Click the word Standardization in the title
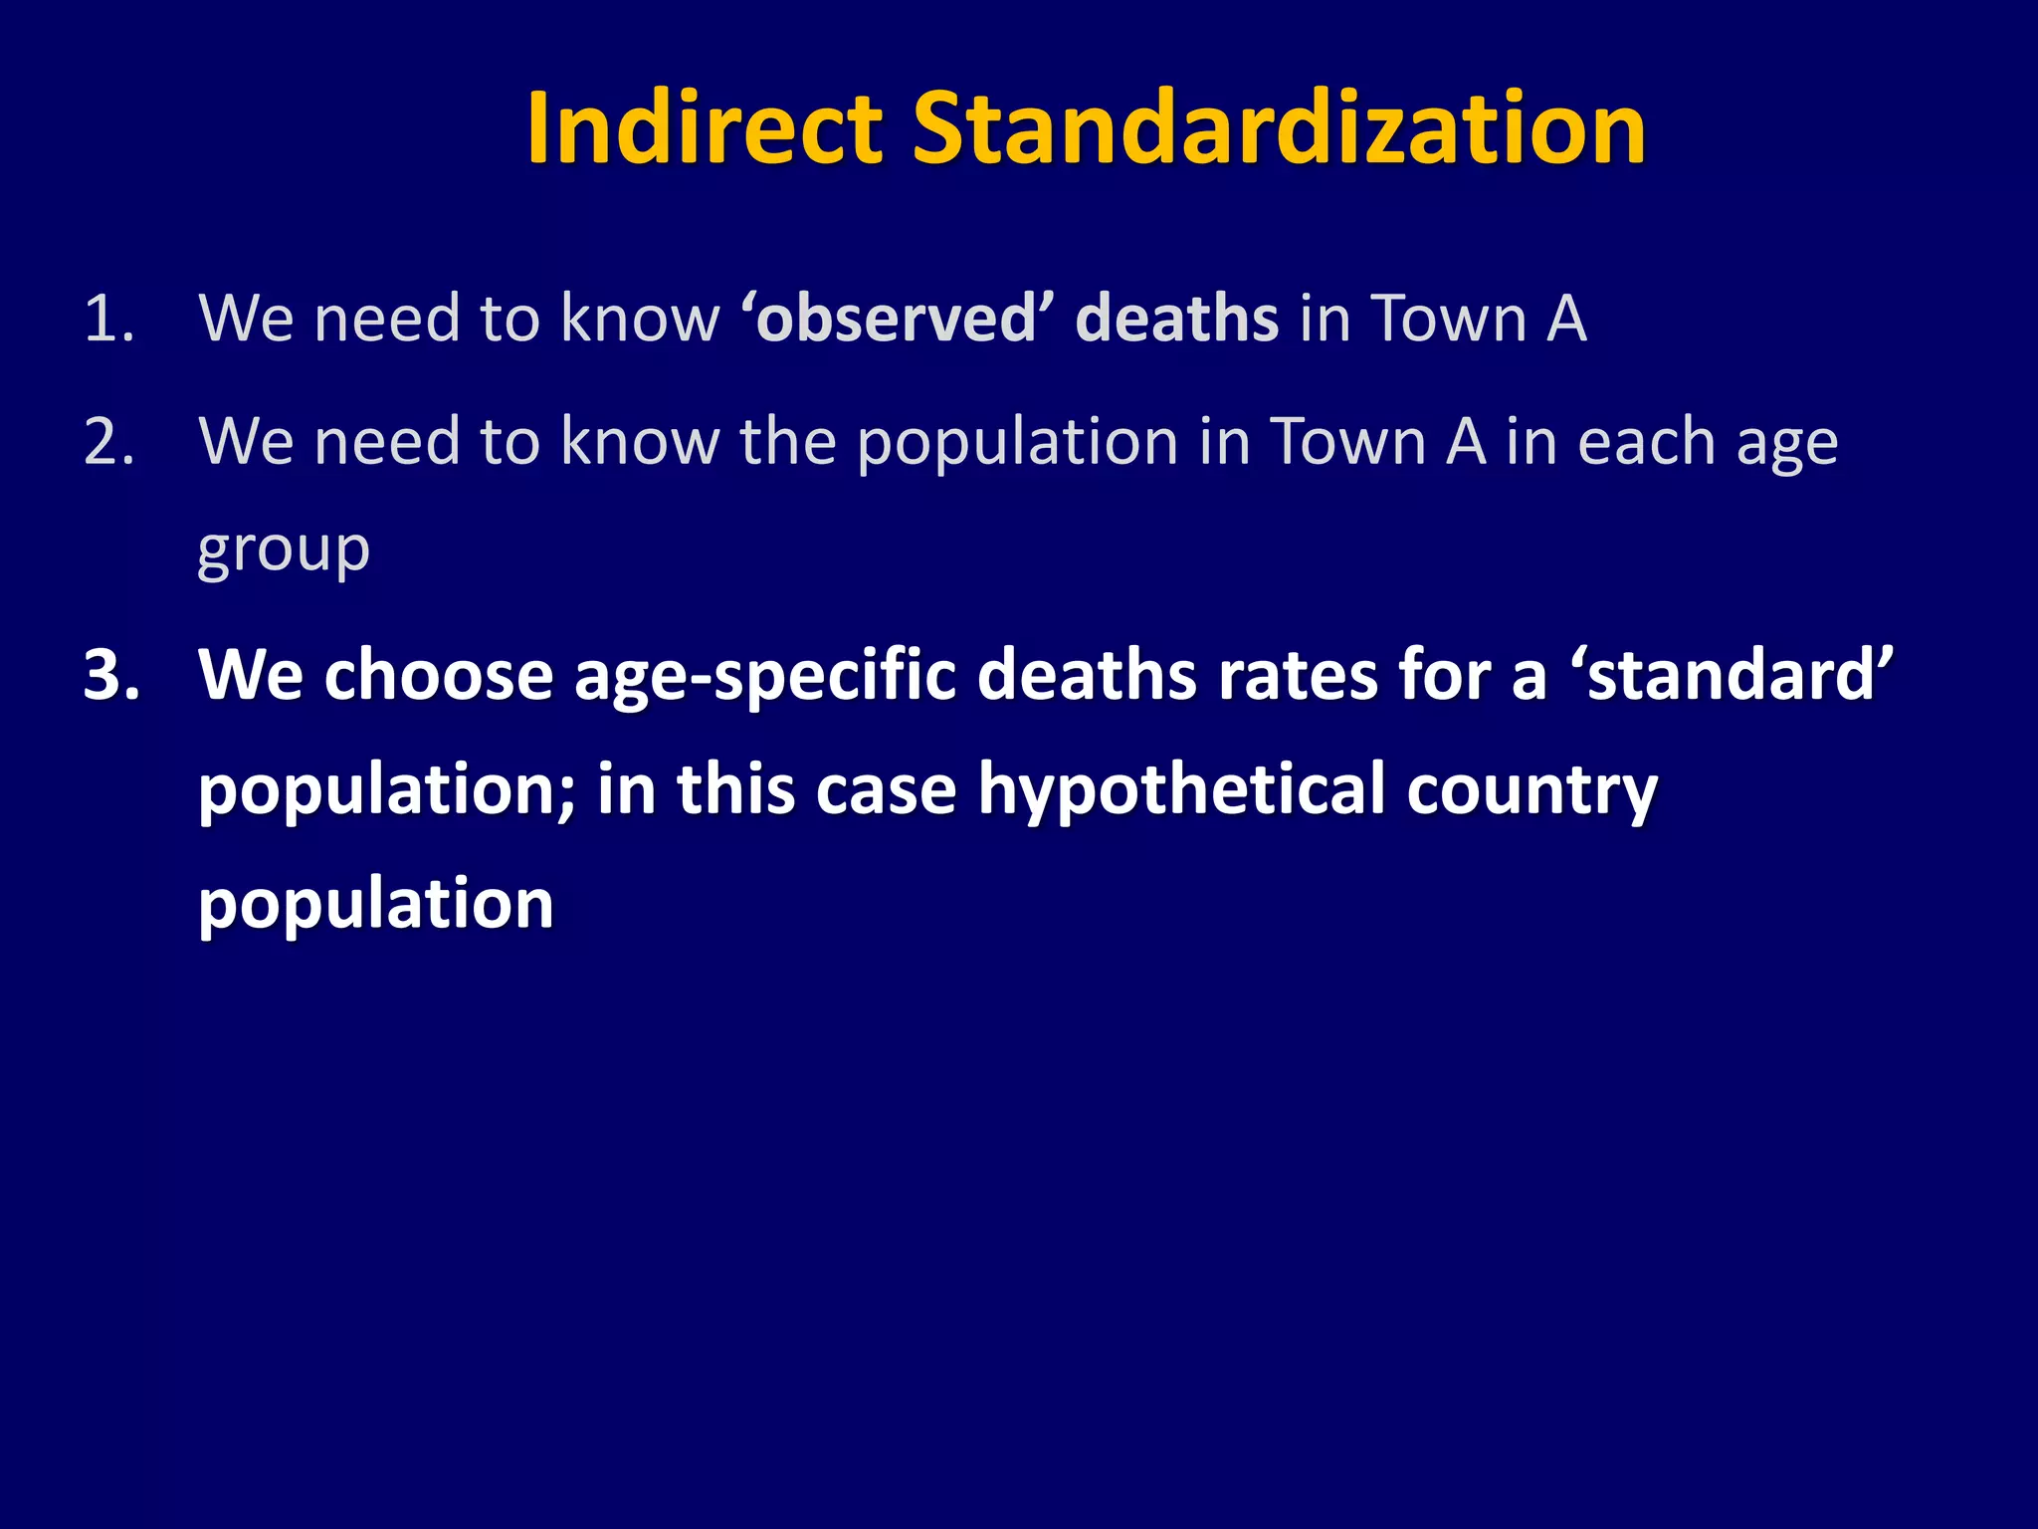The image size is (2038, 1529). (x=1279, y=129)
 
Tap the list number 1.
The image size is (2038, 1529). (x=108, y=320)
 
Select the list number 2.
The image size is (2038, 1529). (x=108, y=442)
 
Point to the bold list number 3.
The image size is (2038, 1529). (x=111, y=676)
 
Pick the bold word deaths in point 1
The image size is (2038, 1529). (x=1176, y=320)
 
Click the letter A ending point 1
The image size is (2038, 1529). (x=1565, y=320)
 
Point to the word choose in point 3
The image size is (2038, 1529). (x=438, y=676)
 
